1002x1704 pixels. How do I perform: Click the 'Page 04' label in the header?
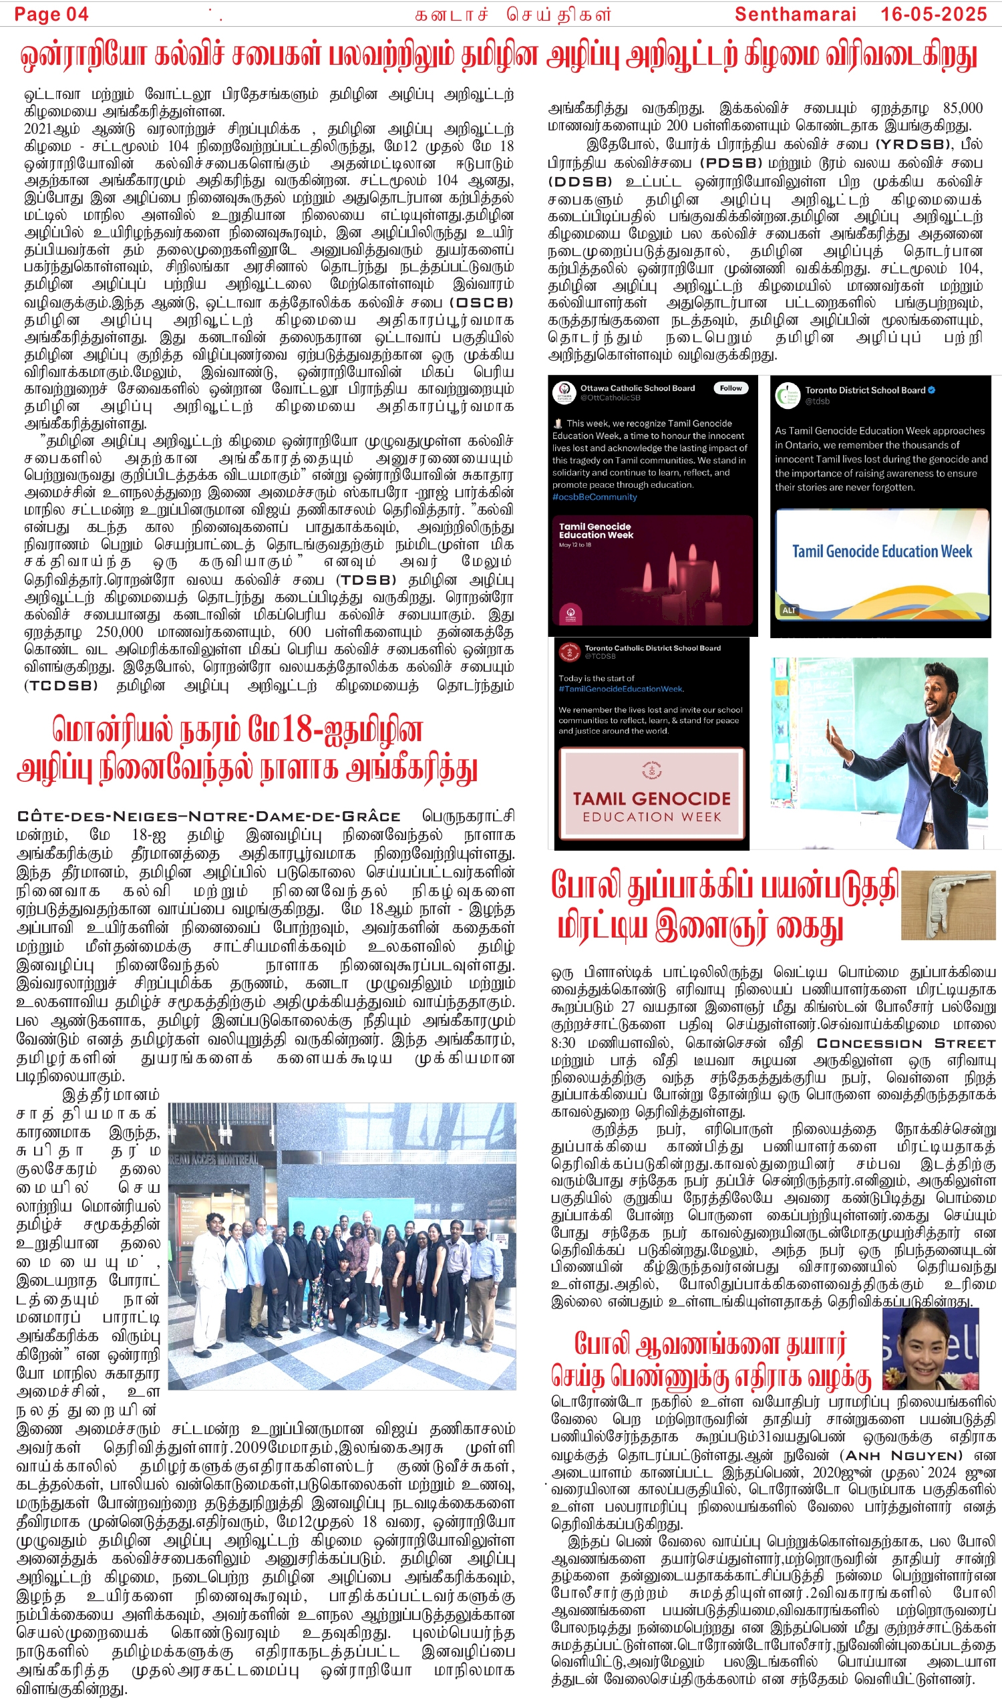(x=51, y=13)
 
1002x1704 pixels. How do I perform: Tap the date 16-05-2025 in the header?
(x=933, y=13)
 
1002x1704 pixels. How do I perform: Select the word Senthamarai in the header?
(x=795, y=13)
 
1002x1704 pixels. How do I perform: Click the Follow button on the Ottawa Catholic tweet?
(x=731, y=388)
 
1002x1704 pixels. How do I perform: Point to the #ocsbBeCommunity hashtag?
(x=595, y=497)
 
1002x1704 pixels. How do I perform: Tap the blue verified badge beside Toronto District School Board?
(x=931, y=390)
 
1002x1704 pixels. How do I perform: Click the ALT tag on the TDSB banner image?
(x=789, y=610)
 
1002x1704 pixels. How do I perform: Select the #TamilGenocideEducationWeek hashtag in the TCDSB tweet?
(x=621, y=689)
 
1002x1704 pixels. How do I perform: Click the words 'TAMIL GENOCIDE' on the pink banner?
(x=652, y=799)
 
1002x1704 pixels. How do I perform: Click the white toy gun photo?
(x=948, y=904)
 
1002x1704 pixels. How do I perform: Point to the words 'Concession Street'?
(x=906, y=1043)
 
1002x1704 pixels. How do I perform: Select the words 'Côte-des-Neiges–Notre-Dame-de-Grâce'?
(x=208, y=816)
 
